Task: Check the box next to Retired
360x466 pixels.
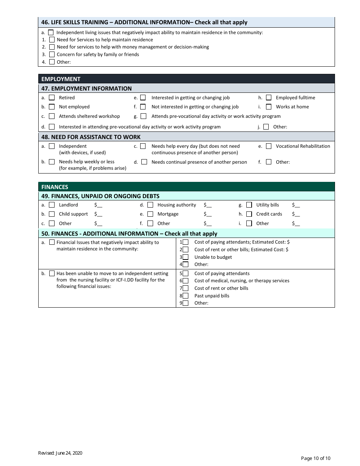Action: [x=52, y=98]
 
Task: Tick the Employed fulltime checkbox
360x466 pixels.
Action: [x=269, y=98]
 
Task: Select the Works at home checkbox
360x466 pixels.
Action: [x=269, y=107]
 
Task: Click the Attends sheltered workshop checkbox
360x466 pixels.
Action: [x=52, y=116]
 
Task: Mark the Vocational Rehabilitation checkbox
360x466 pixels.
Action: [x=269, y=146]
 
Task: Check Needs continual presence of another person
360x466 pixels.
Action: [x=144, y=162]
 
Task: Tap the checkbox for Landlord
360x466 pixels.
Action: [x=52, y=205]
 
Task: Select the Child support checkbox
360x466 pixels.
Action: [x=52, y=214]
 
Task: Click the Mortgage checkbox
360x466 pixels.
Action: [x=150, y=214]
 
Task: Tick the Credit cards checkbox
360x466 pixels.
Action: [x=249, y=214]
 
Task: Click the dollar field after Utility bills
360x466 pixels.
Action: [x=296, y=205]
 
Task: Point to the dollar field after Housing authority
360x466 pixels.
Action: [x=207, y=205]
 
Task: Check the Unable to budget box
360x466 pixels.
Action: [x=186, y=257]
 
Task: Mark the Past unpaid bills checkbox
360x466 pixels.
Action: [x=186, y=296]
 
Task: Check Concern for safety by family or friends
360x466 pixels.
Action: [x=52, y=55]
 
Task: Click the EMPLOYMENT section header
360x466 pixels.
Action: [x=61, y=79]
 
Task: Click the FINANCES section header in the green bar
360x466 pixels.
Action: [x=55, y=187]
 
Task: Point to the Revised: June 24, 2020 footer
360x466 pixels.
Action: [x=60, y=453]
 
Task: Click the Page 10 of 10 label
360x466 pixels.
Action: [x=316, y=458]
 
